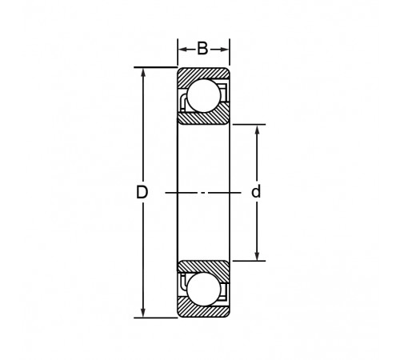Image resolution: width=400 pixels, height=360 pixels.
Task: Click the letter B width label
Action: pyautogui.click(x=202, y=49)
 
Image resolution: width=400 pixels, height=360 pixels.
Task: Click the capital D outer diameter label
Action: pyautogui.click(x=142, y=192)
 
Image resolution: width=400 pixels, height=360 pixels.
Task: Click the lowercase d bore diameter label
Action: pyautogui.click(x=256, y=191)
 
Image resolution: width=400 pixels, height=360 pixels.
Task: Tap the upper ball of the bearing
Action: pyautogui.click(x=204, y=95)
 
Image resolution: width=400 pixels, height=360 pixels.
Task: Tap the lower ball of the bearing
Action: pyautogui.click(x=204, y=290)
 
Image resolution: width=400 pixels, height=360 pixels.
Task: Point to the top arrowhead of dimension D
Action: pyautogui.click(x=143, y=74)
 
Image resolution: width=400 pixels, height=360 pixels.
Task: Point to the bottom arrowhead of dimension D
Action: pyautogui.click(x=143, y=312)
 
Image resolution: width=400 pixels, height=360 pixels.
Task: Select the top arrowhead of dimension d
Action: pyautogui.click(x=257, y=130)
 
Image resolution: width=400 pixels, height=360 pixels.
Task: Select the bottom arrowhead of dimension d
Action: pyautogui.click(x=257, y=255)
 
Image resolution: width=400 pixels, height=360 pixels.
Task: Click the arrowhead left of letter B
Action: pyautogui.click(x=183, y=50)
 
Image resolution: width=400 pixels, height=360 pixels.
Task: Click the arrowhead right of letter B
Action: pyautogui.click(x=224, y=50)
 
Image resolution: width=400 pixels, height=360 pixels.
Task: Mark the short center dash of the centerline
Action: pyautogui.click(x=203, y=193)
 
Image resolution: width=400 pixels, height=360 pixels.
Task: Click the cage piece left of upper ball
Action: pyautogui.click(x=184, y=102)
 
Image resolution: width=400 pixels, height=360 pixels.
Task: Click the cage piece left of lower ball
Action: pyautogui.click(x=184, y=282)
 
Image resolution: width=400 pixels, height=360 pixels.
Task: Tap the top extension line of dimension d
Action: pyautogui.click(x=249, y=124)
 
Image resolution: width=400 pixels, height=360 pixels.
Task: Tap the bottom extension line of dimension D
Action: pyautogui.click(x=155, y=318)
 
